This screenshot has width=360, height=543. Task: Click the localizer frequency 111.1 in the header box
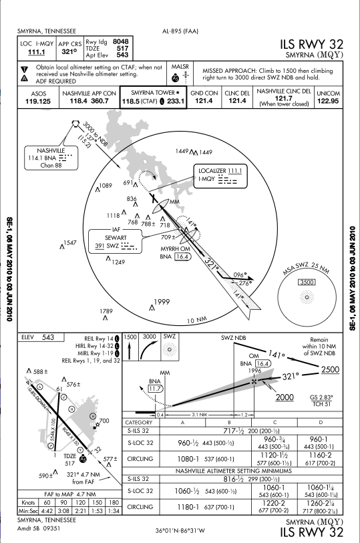[36, 52]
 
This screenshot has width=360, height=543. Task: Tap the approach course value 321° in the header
[69, 51]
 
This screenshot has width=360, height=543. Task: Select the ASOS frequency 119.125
[38, 102]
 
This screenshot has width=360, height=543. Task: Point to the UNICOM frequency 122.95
[328, 101]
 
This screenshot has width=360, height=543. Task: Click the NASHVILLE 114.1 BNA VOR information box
[51, 158]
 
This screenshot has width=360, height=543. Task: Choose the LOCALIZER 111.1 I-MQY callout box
[220, 176]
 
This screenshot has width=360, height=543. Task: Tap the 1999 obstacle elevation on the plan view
[162, 302]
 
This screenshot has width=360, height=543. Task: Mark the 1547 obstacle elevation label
[70, 242]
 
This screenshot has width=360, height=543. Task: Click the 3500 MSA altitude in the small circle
[307, 283]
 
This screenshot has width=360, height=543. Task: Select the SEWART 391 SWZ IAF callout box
[116, 240]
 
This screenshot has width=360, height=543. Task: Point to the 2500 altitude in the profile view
[330, 370]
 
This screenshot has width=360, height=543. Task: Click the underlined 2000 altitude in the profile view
[285, 397]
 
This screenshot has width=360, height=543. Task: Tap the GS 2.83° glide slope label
[321, 397]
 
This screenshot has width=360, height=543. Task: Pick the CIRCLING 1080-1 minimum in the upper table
[188, 459]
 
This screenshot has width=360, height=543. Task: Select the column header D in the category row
[320, 423]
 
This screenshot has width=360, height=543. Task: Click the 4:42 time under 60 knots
[47, 511]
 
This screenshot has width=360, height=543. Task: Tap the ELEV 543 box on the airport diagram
[41, 337]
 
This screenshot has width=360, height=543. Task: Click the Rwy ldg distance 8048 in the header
[120, 41]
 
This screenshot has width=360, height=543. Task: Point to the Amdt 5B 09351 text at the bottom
[39, 528]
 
